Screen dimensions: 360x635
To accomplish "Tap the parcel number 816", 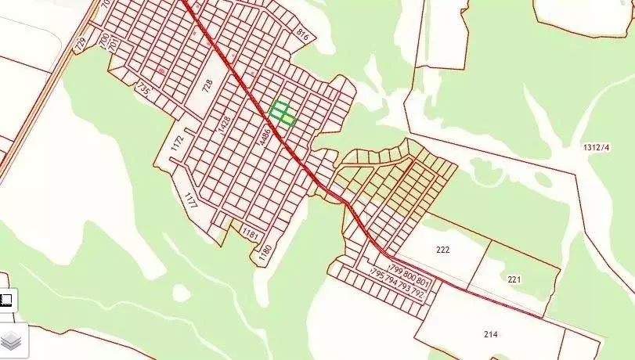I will [x=303, y=34].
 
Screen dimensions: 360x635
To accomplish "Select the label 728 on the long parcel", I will [x=207, y=85].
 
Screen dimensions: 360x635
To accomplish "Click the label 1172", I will [x=178, y=142].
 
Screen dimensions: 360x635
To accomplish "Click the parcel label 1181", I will [x=250, y=233].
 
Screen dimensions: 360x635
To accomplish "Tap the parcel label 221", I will [x=514, y=279].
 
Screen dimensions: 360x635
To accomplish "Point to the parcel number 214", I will [x=491, y=334].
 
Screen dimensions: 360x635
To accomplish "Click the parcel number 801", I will [x=424, y=281].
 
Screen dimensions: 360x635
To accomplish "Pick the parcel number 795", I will [x=376, y=277].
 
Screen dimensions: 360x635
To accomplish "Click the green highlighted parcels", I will [x=282, y=113].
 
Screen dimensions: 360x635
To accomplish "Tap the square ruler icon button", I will [x=6, y=299].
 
